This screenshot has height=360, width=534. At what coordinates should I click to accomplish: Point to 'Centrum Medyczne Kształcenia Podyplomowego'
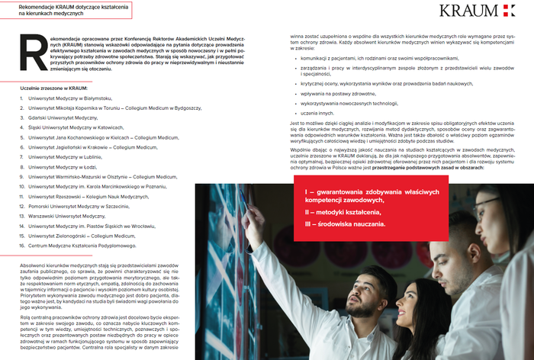(x=84, y=246)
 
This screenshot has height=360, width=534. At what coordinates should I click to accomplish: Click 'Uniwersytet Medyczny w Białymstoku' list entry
(x=69, y=99)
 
